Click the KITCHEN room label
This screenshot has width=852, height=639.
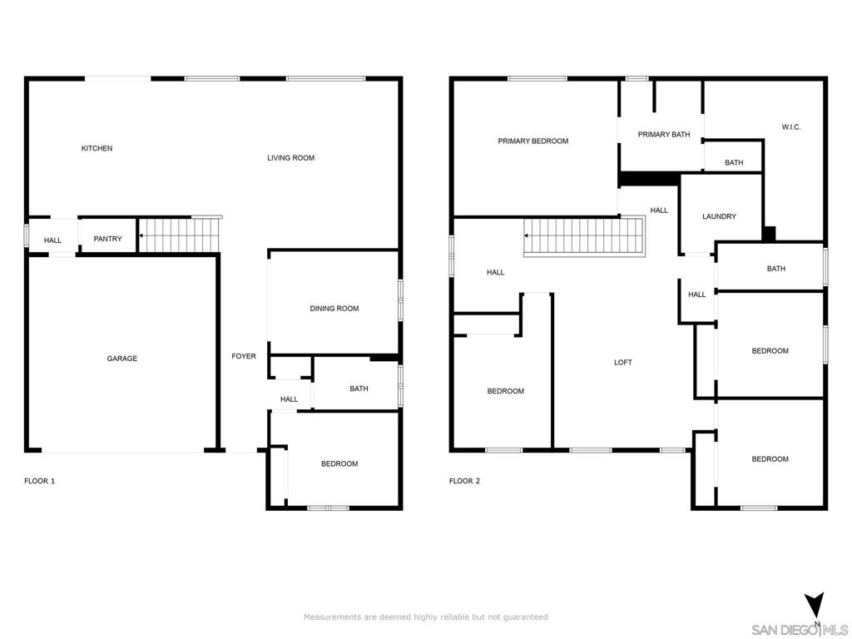coord(97,148)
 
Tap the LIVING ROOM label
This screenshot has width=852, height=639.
coord(290,158)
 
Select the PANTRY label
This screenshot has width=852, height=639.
coord(107,239)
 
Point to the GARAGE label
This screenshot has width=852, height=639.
coord(121,359)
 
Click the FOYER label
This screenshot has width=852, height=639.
coord(244,356)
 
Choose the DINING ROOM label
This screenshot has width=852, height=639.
coord(334,309)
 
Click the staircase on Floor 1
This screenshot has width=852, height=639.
coord(180,235)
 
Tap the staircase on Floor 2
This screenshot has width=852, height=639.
coord(585,236)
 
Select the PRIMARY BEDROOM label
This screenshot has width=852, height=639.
coord(533,141)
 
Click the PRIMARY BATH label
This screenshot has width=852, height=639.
coord(663,135)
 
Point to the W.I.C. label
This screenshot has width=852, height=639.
coord(791,127)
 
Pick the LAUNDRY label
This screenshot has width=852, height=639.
coord(719,216)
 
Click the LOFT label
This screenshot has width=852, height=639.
coord(622,363)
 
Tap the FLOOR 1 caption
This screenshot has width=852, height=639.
coord(40,481)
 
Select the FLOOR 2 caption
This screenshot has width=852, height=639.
coord(464,481)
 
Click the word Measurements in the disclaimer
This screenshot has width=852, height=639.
coord(332,617)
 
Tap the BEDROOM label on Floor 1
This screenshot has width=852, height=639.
coord(339,464)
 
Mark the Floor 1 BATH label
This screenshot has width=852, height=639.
coord(359,389)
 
